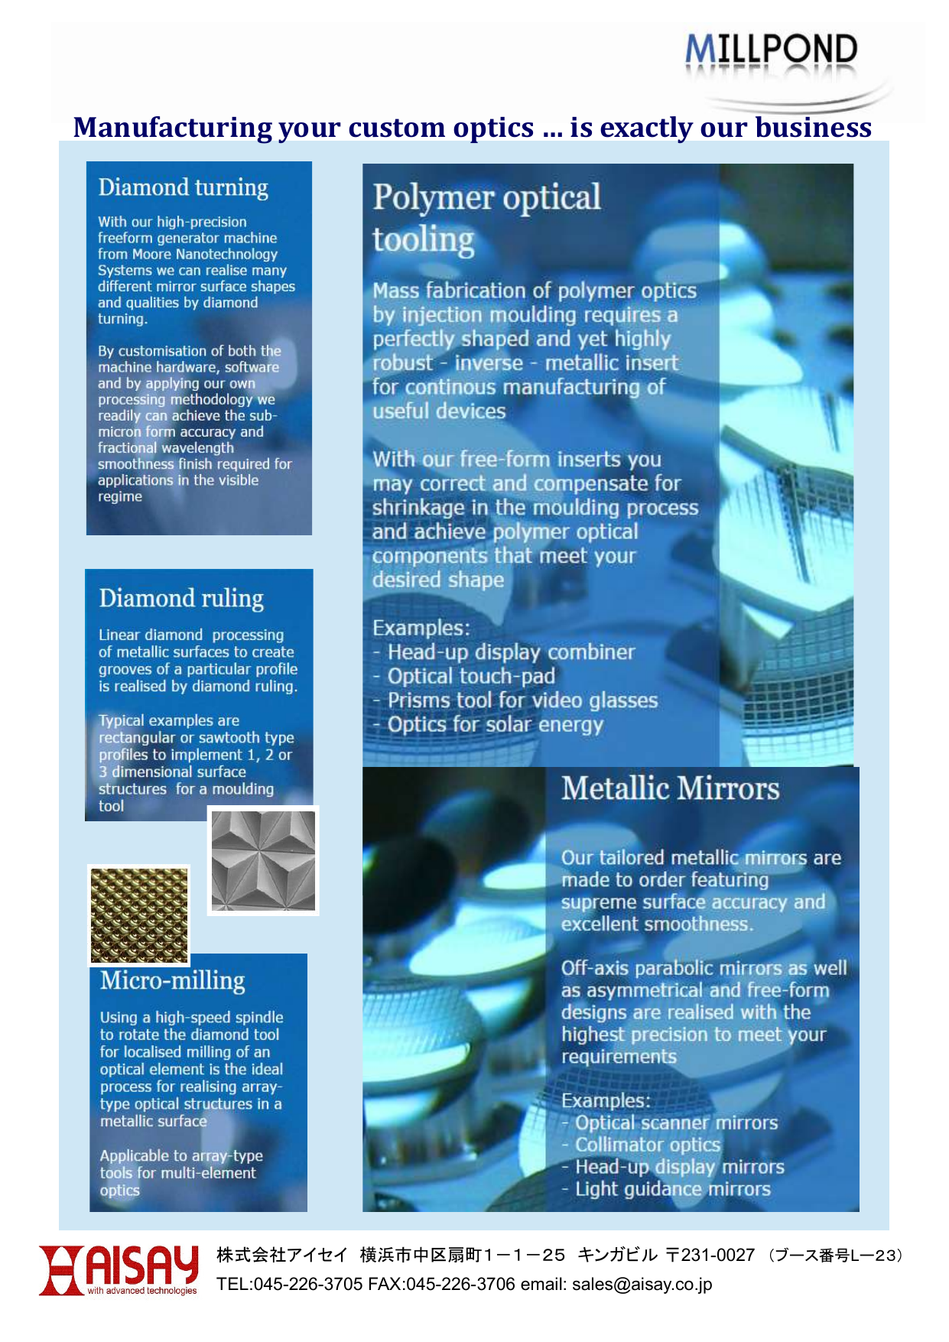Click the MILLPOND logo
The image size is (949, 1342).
(771, 50)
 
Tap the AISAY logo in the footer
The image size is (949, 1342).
(119, 1270)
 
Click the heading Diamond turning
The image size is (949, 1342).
(183, 187)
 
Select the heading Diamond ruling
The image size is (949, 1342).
(181, 598)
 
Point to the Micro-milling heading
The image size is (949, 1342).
(172, 980)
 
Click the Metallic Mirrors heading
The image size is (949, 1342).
(670, 788)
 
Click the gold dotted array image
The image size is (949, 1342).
(138, 915)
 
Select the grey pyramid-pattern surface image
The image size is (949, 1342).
(263, 861)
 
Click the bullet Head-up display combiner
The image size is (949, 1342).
(510, 652)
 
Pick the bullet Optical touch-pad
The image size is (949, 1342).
(470, 677)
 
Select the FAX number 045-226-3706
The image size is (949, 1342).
(460, 1284)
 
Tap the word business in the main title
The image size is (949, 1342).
(813, 127)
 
